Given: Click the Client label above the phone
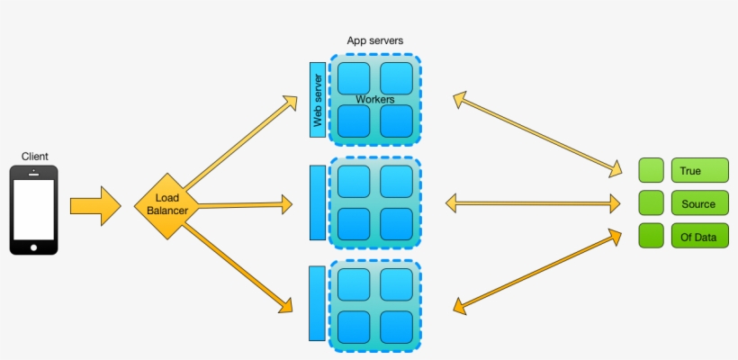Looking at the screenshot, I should (x=34, y=157).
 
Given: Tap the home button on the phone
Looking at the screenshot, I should (x=34, y=247).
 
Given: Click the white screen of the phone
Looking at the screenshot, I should (x=34, y=209).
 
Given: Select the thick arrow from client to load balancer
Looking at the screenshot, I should (x=94, y=206).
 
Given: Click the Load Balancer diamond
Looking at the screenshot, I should (x=166, y=206).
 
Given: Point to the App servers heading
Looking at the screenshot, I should (x=374, y=41).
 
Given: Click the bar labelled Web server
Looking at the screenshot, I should (x=317, y=100).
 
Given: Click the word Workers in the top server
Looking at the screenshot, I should (x=374, y=99).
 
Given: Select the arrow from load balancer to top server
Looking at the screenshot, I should (x=240, y=139).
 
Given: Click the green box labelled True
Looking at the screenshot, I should (x=699, y=170).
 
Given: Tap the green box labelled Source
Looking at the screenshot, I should (x=699, y=203).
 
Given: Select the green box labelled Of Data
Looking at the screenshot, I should (x=699, y=236).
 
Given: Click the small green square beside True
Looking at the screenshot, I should (x=651, y=170).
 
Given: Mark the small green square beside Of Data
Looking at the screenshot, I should (x=651, y=236).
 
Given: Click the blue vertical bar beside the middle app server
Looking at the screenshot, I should (x=317, y=202).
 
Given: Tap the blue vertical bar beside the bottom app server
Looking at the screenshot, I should (x=317, y=304).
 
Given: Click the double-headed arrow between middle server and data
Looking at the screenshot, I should (x=533, y=204).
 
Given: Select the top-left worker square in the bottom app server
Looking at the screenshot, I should (x=354, y=284).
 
